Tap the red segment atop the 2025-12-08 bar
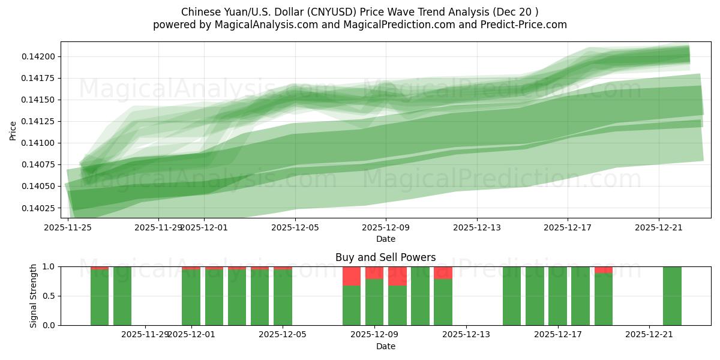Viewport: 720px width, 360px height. tap(352, 276)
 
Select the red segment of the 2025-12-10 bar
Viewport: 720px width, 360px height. tap(397, 276)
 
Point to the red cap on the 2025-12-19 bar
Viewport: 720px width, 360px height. tap(604, 269)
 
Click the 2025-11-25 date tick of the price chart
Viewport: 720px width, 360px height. tap(67, 227)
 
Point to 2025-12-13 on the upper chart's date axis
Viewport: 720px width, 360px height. tap(476, 227)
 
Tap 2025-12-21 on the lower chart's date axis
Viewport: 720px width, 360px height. tap(649, 335)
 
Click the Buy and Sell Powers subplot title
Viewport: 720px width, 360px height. tap(385, 257)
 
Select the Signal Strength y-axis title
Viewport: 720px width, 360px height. tap(34, 296)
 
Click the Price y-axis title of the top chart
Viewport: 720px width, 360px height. tap(13, 130)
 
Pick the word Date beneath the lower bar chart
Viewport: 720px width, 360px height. tap(385, 346)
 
